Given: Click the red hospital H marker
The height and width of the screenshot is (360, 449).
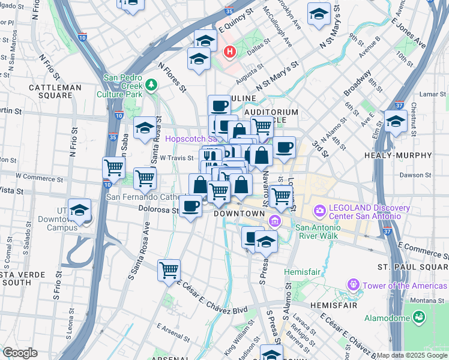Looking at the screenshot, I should pos(229,52).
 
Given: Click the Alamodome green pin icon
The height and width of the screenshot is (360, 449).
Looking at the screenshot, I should pos(419,315).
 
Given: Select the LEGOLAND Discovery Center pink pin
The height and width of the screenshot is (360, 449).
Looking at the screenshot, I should pos(320,211).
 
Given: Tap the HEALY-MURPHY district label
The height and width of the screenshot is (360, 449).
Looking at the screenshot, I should pos(398,155).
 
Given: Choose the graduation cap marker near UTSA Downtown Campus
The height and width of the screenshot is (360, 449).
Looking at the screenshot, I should pos(79,211).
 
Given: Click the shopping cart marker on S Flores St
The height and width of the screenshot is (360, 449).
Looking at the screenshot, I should pos(169,270).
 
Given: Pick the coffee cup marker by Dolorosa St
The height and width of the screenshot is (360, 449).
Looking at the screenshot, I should pos(191,206).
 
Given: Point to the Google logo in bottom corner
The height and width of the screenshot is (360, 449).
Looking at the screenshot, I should pos(20,353).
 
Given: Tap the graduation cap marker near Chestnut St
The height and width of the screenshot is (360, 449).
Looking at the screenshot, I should pos(396,122).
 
